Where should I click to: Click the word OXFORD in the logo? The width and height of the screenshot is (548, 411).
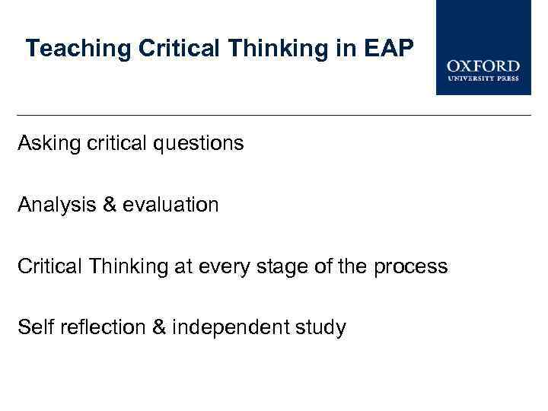tap(483, 67)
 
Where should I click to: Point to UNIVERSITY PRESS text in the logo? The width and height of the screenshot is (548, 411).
tap(483, 79)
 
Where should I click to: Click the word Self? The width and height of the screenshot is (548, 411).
tap(33, 328)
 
